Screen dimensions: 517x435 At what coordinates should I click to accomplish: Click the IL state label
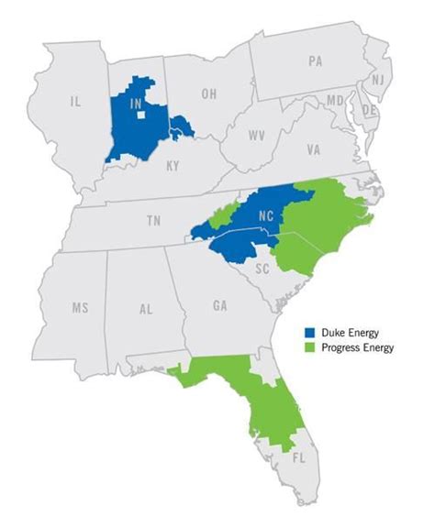pos(75,105)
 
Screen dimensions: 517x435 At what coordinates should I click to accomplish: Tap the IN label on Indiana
pos(136,104)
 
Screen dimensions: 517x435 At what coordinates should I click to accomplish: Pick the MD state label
pos(336,99)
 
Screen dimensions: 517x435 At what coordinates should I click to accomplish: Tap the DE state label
pos(371,109)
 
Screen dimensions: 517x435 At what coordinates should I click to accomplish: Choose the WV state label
pos(259,134)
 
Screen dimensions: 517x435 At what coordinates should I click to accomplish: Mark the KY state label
pos(172,168)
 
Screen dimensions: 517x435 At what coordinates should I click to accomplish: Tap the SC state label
pos(262,269)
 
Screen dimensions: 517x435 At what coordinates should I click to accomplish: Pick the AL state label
pos(146,310)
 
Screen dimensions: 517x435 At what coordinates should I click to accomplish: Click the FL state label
pos(297,454)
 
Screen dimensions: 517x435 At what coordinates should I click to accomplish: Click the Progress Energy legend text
pos(356,347)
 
